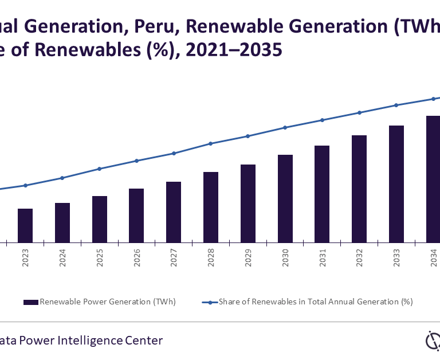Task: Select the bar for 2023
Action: (x=25, y=225)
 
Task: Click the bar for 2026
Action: (x=136, y=215)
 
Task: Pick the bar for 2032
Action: (x=359, y=189)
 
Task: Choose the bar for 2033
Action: (x=396, y=183)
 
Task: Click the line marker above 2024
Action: (x=62, y=178)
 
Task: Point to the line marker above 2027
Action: (x=174, y=153)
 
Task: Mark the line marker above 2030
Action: (x=285, y=127)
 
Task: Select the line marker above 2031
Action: (x=323, y=120)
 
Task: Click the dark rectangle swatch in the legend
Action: (x=31, y=302)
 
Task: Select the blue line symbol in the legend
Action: (x=210, y=302)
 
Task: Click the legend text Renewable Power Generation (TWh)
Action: (x=108, y=302)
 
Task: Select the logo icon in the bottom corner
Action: (x=432, y=341)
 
